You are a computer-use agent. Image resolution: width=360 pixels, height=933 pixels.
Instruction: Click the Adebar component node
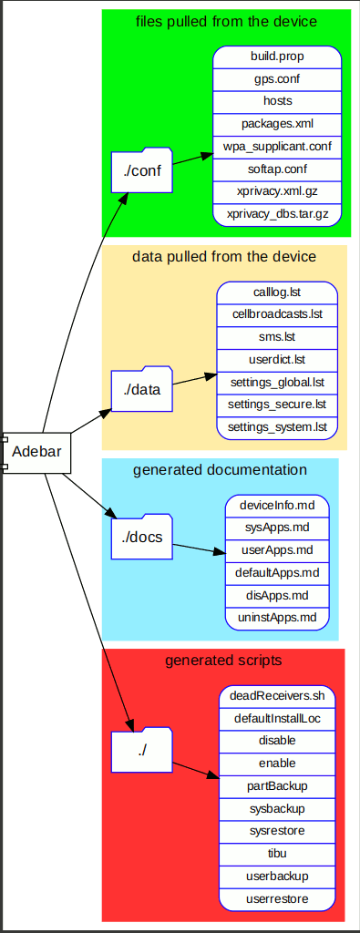[36, 452]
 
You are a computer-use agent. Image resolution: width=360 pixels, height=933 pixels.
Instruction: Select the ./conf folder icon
[141, 170]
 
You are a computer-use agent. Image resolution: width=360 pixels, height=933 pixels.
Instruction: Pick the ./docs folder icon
[141, 538]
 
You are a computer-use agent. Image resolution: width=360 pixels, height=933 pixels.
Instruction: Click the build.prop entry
[277, 56]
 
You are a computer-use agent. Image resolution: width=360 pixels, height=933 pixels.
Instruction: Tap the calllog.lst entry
[277, 292]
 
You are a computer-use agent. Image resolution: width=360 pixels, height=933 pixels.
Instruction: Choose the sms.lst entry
[277, 337]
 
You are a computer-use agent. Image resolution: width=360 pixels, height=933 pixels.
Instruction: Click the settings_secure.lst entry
[277, 404]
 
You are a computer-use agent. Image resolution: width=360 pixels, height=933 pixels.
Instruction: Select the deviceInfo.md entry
[276, 505]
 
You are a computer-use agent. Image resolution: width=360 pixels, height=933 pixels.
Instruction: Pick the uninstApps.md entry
[276, 618]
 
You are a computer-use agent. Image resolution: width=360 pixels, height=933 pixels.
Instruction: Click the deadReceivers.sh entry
[277, 696]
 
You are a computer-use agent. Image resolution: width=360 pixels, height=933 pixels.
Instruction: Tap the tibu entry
[277, 854]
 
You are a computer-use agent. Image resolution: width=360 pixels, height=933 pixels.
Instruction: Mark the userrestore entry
[277, 898]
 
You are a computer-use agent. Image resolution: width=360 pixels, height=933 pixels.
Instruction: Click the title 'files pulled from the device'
[226, 21]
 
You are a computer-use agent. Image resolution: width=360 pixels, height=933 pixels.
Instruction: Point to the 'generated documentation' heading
[220, 470]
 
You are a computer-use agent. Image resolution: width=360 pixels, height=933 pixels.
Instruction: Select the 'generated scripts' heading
[223, 660]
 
